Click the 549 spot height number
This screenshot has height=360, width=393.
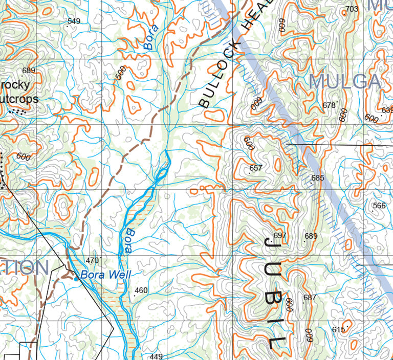point(74,21)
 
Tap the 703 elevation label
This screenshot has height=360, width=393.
point(352,9)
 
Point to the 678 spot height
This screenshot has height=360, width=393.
point(329,105)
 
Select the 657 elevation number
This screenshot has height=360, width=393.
point(256,168)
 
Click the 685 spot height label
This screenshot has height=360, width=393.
point(318,178)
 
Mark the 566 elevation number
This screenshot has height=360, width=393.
point(379,206)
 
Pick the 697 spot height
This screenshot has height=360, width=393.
point(280,235)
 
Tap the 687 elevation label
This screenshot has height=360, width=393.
point(310,298)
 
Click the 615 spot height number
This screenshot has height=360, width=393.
point(339,330)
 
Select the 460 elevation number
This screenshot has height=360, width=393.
point(141,290)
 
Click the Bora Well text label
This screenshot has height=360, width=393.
point(106,275)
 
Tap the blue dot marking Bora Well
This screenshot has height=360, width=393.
point(76,279)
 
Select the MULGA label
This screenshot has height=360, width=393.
point(345,81)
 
